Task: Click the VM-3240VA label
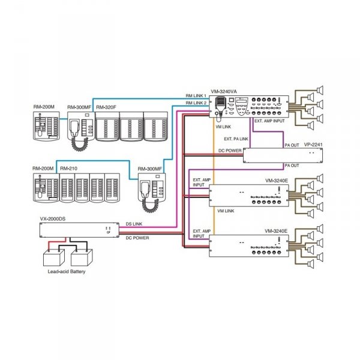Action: (x=224, y=91)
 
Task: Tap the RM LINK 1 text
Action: (x=196, y=95)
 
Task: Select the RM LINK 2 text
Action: (x=196, y=103)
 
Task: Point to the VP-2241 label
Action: (x=313, y=145)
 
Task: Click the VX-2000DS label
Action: (x=53, y=219)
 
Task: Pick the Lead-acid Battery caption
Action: (x=67, y=271)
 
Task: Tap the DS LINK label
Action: (x=134, y=224)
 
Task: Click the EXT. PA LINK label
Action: (x=236, y=139)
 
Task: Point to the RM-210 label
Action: (x=68, y=168)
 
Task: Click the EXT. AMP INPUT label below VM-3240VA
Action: (x=269, y=121)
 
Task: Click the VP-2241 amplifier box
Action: (x=283, y=155)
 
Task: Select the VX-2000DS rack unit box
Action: (x=79, y=230)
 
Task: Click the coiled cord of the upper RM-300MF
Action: (x=80, y=144)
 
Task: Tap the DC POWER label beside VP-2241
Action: (x=230, y=151)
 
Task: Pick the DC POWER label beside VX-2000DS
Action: (x=137, y=238)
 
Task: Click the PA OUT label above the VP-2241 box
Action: (x=292, y=145)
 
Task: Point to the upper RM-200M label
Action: (x=44, y=107)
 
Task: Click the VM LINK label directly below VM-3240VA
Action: (x=223, y=127)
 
